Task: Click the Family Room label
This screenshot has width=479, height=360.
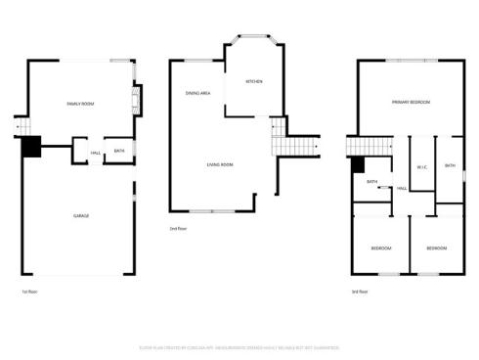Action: click(x=80, y=103)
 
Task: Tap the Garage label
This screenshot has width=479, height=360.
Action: click(x=81, y=215)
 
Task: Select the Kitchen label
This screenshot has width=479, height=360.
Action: click(x=253, y=81)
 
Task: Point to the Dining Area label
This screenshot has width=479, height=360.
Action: click(x=198, y=93)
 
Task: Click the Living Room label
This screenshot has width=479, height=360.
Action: click(x=219, y=164)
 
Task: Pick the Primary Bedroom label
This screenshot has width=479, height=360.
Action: click(x=412, y=102)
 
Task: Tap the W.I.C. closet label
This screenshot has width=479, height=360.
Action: click(x=421, y=167)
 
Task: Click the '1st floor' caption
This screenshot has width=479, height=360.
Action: click(x=29, y=292)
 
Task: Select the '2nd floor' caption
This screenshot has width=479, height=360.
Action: click(x=178, y=229)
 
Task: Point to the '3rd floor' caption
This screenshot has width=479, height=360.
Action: click(x=361, y=292)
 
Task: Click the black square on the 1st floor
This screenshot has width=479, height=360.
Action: click(x=31, y=146)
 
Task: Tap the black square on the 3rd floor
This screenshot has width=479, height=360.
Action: click(x=358, y=167)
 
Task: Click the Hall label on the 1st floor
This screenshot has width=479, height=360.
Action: click(x=96, y=152)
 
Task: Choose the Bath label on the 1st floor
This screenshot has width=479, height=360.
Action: click(x=119, y=151)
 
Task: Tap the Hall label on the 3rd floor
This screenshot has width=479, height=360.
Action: click(x=402, y=188)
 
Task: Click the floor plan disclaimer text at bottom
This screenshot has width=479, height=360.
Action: click(x=239, y=345)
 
